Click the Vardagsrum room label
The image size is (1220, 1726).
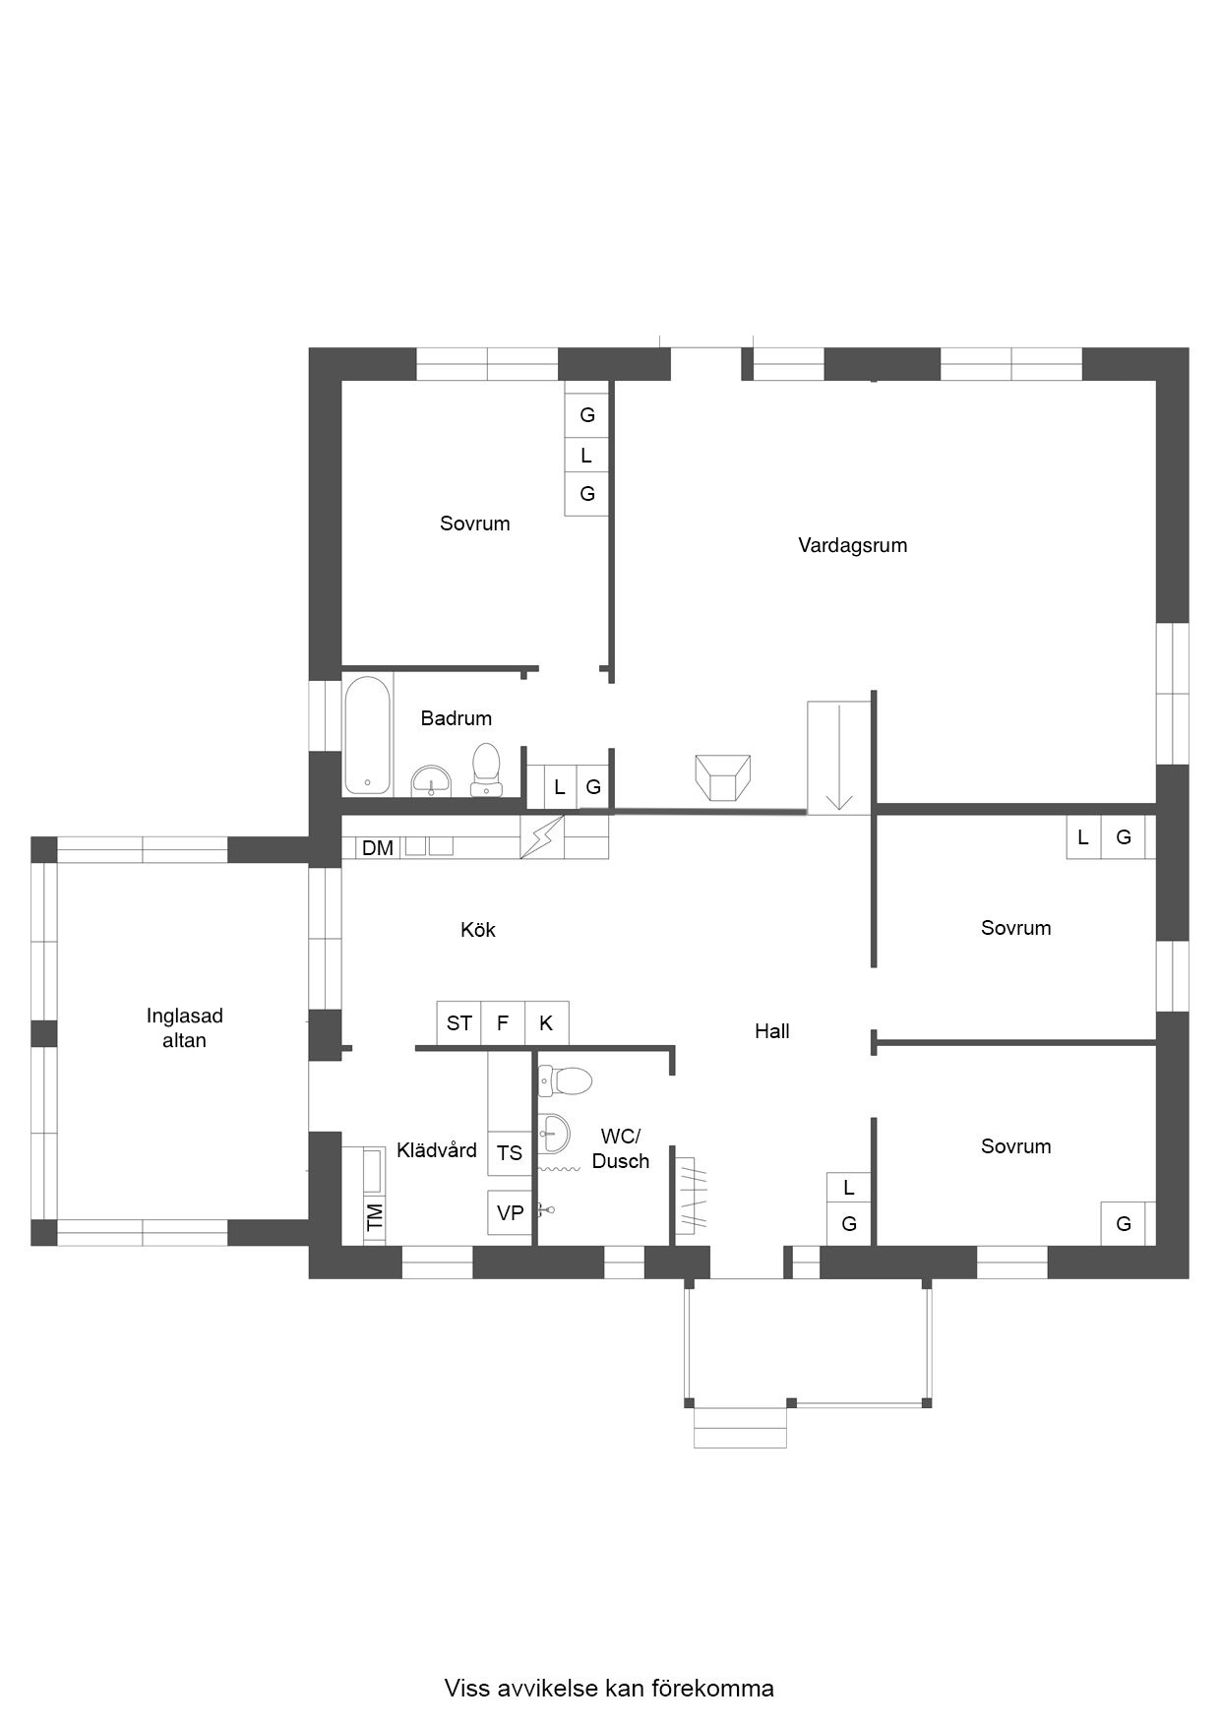coord(852,545)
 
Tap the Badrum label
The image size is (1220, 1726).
coord(456,718)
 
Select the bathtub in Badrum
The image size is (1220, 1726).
coord(368,735)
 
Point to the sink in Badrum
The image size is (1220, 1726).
coord(431,781)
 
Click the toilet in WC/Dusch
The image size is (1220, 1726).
coord(565,1080)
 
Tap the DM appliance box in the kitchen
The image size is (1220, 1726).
coord(378,847)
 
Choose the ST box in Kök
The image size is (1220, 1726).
coord(459,1023)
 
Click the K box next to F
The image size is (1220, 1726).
coord(546,1023)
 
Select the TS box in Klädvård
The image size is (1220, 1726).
coord(510,1152)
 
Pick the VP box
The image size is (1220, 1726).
coord(510,1212)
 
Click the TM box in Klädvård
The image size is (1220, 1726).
coord(374,1218)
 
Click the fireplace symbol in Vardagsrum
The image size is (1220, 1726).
coord(723,778)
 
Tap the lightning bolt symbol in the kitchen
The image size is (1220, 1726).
coord(542,836)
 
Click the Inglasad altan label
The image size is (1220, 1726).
coord(185,1028)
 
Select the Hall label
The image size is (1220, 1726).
coord(772,1031)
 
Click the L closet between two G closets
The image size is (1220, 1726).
coord(586,455)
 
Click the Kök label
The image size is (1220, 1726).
coord(478,930)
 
